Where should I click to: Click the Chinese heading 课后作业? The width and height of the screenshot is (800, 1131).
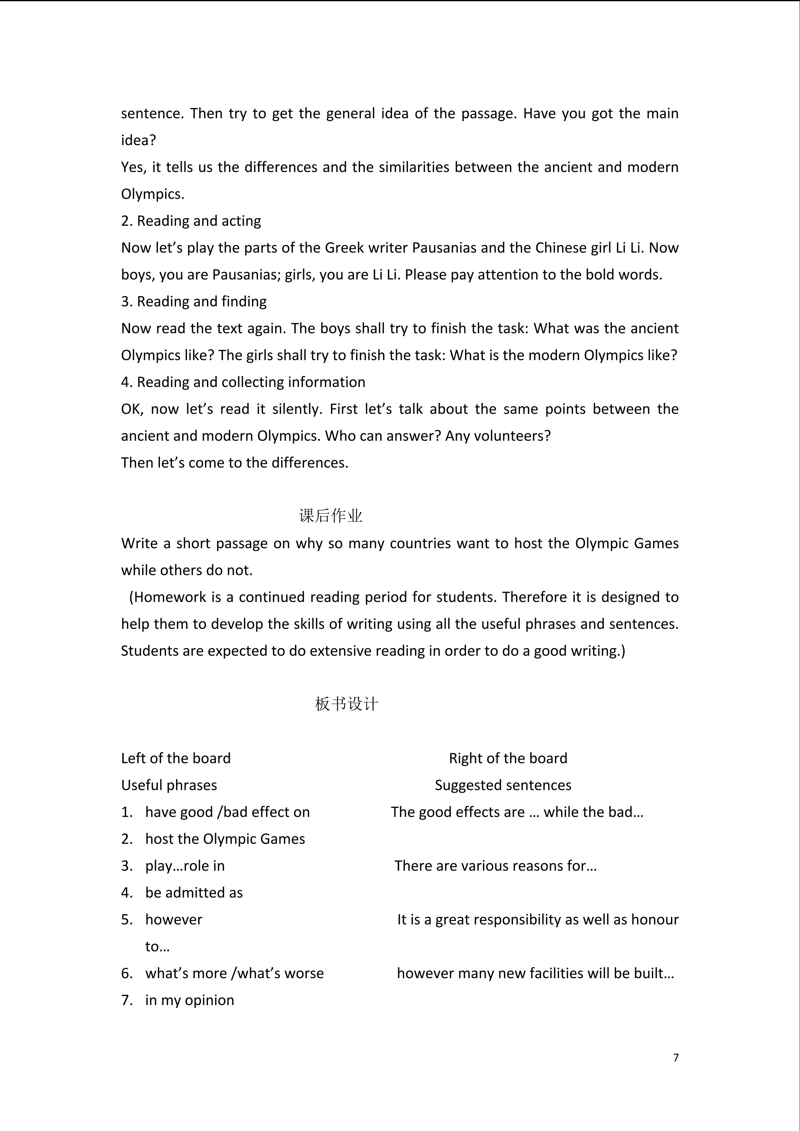[331, 516]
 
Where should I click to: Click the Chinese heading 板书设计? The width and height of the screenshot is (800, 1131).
[346, 704]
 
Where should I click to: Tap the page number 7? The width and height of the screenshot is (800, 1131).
[676, 1057]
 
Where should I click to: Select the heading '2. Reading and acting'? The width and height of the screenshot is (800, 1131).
[191, 221]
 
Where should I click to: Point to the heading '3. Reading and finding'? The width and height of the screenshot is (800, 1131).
[194, 301]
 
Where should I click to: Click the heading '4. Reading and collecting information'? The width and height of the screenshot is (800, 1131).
[243, 382]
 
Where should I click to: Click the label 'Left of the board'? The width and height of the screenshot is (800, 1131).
[176, 758]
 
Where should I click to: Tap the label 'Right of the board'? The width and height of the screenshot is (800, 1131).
[508, 758]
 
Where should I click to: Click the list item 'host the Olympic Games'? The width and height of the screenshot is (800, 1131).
[225, 839]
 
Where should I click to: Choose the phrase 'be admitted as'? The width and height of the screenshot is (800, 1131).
[194, 893]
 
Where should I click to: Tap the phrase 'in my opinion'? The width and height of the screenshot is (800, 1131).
[190, 1000]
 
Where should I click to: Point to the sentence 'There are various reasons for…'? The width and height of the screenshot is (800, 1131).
[496, 866]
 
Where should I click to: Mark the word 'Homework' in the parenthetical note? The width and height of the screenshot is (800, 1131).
[170, 597]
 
